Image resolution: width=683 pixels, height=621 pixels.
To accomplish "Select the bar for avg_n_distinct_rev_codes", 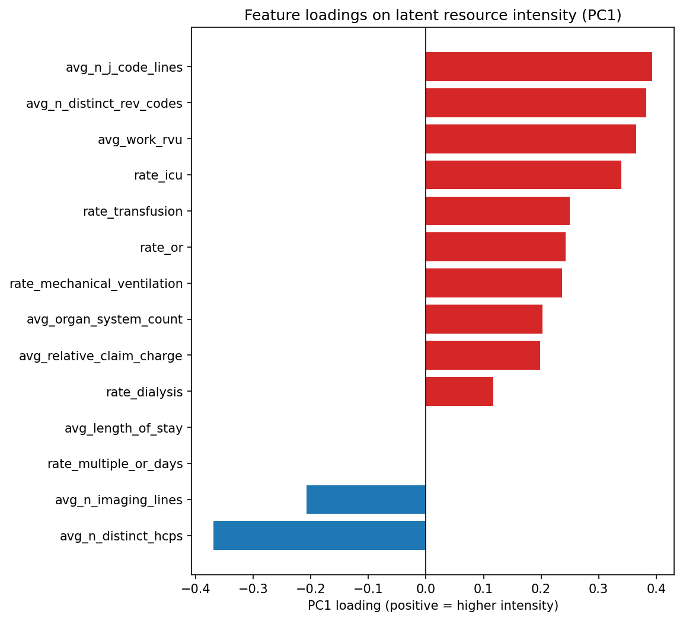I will pyautogui.click(x=535, y=103).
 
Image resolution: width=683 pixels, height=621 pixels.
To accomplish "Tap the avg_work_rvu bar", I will pyautogui.click(x=531, y=139).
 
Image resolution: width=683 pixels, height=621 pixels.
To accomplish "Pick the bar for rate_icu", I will pyautogui.click(x=523, y=175).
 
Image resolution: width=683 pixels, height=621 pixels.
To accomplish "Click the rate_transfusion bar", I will pyautogui.click(x=497, y=212).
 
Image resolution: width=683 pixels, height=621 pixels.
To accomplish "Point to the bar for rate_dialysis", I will pyautogui.click(x=459, y=392).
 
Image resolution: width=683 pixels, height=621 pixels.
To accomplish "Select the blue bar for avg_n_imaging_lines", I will pyautogui.click(x=366, y=500).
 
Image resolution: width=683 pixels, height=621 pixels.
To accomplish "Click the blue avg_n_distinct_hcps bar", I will pyautogui.click(x=320, y=536).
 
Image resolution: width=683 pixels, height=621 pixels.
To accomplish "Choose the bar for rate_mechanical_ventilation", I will pyautogui.click(x=493, y=283).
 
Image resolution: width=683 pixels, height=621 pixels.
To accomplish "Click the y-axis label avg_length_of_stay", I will pyautogui.click(x=123, y=428).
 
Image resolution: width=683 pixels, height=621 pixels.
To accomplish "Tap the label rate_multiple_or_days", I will pyautogui.click(x=115, y=464).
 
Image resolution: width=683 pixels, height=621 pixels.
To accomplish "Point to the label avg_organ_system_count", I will pyautogui.click(x=104, y=319).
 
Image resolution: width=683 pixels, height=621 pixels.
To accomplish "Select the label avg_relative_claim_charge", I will pyautogui.click(x=101, y=356).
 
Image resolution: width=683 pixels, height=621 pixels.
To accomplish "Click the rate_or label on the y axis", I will pyautogui.click(x=161, y=248).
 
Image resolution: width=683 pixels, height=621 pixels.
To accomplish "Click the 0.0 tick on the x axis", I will pyautogui.click(x=426, y=590).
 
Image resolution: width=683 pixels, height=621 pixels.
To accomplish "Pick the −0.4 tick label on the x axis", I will pyautogui.click(x=194, y=590).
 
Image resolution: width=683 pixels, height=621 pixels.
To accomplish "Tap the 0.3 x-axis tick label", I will pyautogui.click(x=598, y=590).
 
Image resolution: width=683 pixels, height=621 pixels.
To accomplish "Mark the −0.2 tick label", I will pyautogui.click(x=310, y=590).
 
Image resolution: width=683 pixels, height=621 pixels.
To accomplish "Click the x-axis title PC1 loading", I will pyautogui.click(x=433, y=606).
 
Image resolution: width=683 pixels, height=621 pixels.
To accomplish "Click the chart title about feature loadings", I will pyautogui.click(x=433, y=15).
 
